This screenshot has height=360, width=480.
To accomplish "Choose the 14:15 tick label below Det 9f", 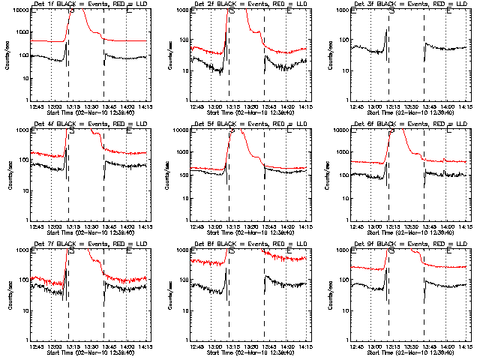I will pyautogui.click(x=465, y=346).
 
